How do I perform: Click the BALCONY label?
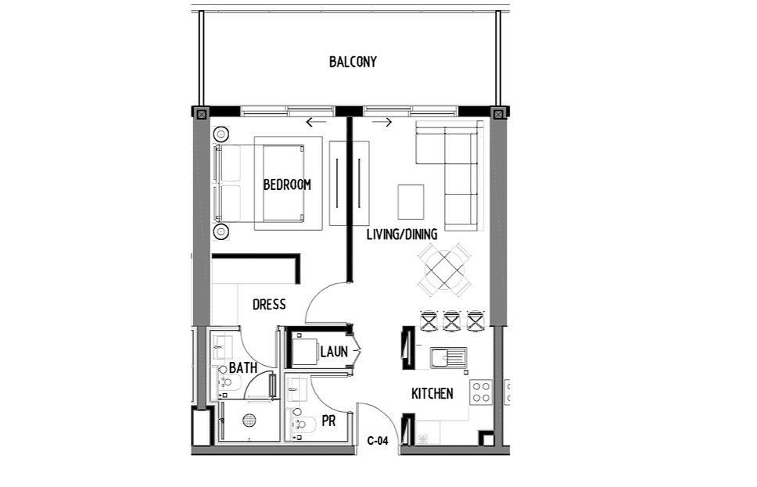click(353, 63)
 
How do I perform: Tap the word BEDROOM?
click(287, 184)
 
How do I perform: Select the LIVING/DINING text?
click(402, 235)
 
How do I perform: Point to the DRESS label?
click(269, 305)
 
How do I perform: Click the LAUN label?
click(334, 352)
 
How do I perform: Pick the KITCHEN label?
click(432, 394)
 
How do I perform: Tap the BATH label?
click(243, 367)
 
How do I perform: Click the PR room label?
click(328, 421)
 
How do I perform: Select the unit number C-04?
click(378, 441)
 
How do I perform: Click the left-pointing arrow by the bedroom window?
click(316, 122)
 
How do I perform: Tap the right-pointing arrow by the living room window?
click(382, 122)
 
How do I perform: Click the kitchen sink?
click(449, 358)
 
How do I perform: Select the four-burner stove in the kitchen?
click(481, 392)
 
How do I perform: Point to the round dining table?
click(444, 270)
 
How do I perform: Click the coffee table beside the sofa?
click(411, 202)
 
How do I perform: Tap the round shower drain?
click(249, 421)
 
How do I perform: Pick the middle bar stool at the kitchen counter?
click(452, 321)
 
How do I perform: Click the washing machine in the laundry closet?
click(304, 352)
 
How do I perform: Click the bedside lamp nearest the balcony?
click(221, 134)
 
